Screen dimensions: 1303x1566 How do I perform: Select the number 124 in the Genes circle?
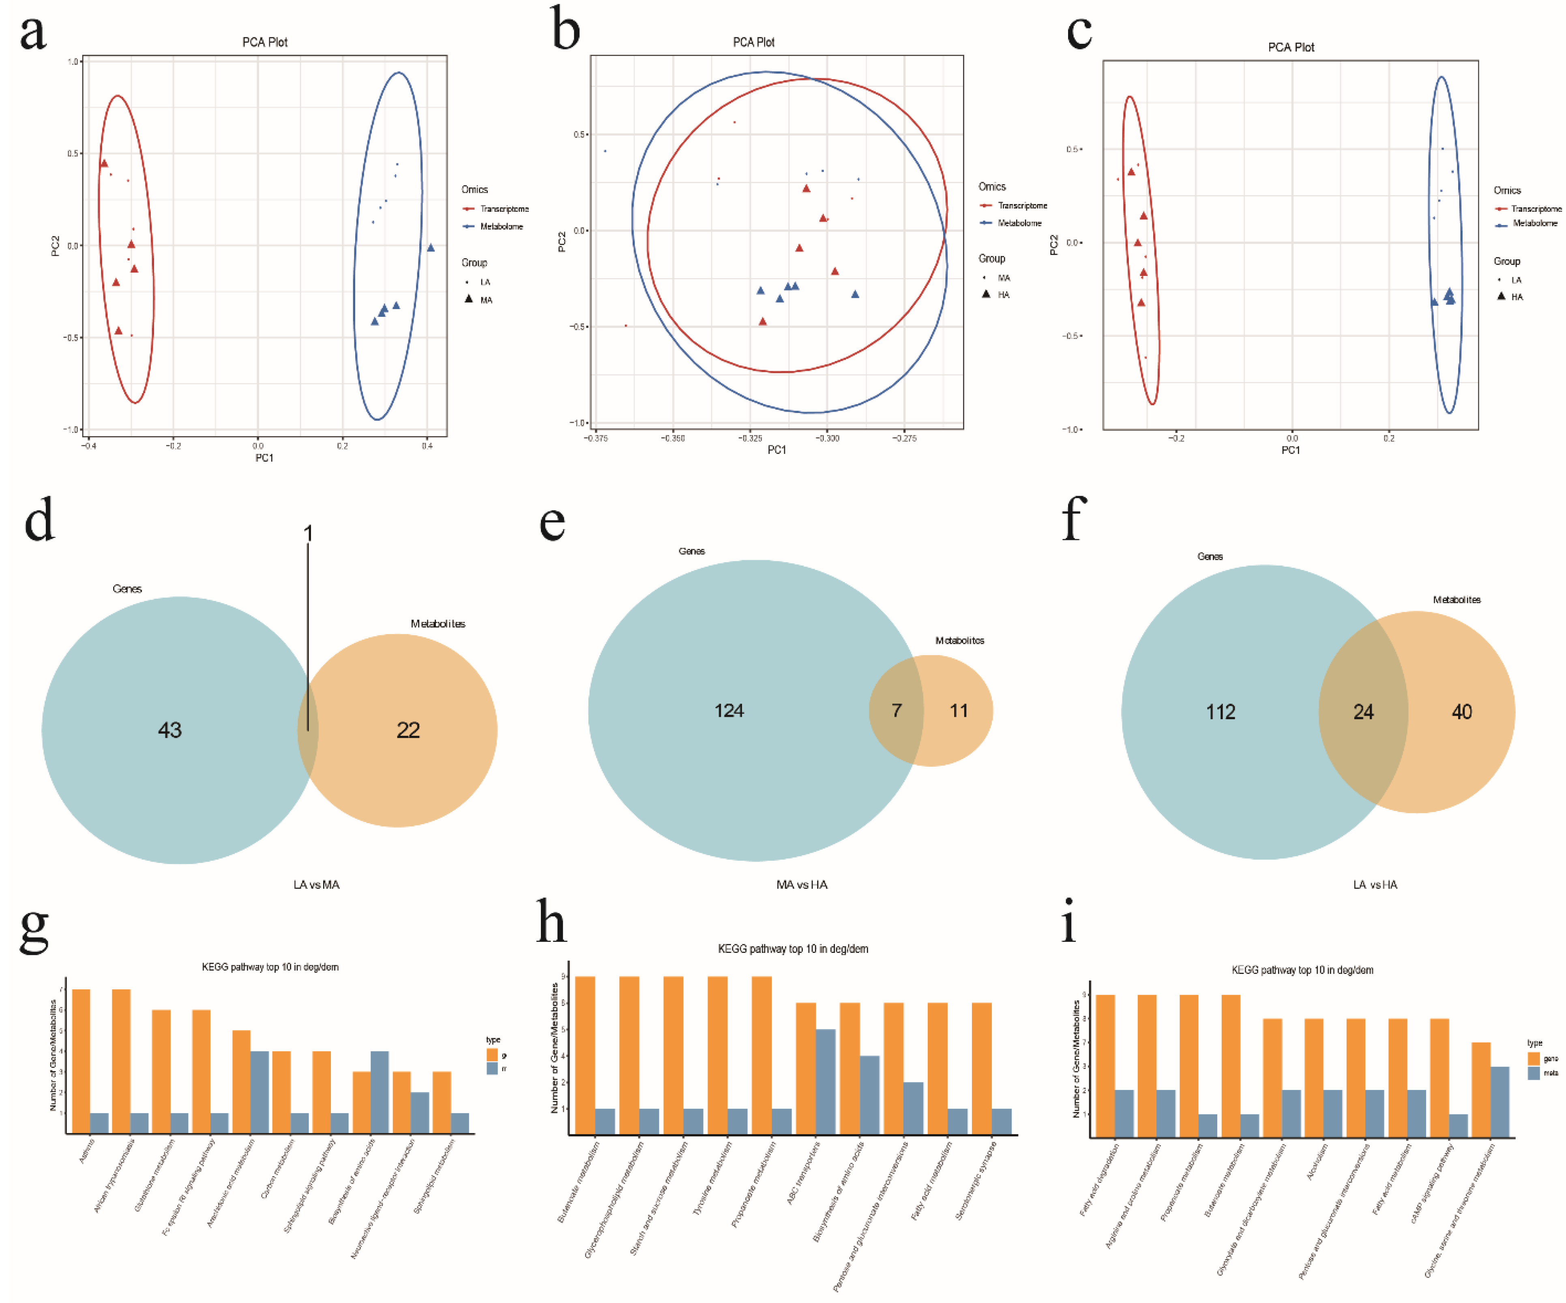[729, 710]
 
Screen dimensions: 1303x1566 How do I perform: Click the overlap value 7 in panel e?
[897, 710]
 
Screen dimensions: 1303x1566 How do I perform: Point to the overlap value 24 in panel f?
[1363, 712]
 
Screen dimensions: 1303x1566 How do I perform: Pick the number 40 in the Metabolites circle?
[1462, 712]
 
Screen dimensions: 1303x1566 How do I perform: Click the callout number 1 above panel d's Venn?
[308, 533]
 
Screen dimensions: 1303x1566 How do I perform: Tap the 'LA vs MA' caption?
[316, 885]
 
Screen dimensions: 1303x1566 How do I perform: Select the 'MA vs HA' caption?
[802, 885]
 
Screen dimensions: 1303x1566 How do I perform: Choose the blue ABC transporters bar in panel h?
[825, 1082]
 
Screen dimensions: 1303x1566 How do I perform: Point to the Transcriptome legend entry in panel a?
[503, 209]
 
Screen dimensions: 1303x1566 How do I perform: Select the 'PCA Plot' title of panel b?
[753, 43]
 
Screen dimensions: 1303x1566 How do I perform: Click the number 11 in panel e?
[958, 710]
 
